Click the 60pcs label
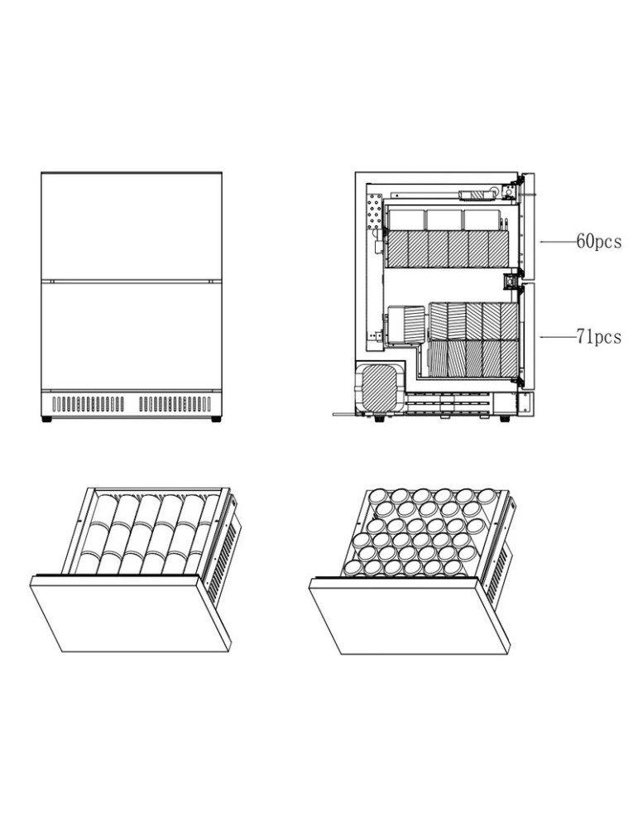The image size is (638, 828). point(598,242)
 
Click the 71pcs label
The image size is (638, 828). point(598,338)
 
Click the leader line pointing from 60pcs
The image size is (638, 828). point(558,242)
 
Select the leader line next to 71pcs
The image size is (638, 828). point(558,338)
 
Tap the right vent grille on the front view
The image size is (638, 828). point(175,404)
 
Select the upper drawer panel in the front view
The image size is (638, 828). point(132,226)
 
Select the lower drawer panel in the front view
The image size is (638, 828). point(132,335)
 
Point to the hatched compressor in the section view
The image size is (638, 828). point(381,386)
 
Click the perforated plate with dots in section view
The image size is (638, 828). point(374,214)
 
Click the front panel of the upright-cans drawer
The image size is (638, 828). point(407,617)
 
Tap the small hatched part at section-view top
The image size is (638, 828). point(476,195)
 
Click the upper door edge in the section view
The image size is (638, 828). point(530,224)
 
